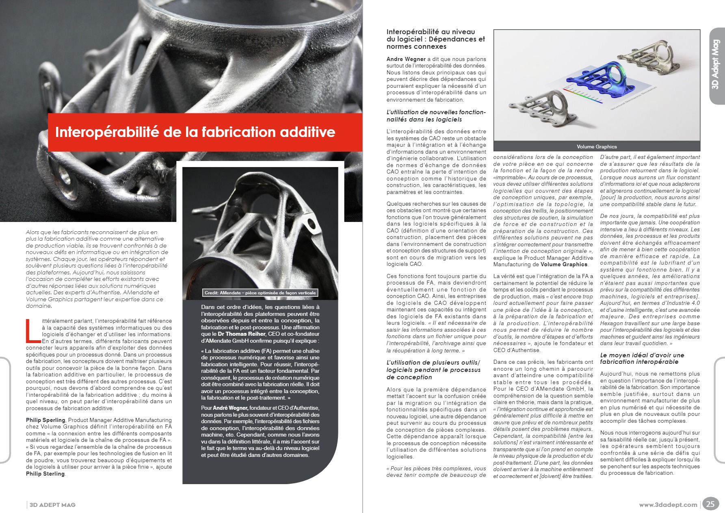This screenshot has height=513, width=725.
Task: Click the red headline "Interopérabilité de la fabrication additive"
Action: coord(195,132)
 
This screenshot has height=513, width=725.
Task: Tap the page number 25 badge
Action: coord(710,504)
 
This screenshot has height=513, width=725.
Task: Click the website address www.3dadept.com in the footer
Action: coord(668,505)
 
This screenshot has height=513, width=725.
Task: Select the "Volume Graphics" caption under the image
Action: coord(596,147)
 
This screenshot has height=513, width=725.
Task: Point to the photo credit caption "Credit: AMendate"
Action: coord(260,293)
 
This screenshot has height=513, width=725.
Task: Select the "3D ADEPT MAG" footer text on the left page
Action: coord(52,505)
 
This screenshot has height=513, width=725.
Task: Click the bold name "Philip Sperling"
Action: coord(45,420)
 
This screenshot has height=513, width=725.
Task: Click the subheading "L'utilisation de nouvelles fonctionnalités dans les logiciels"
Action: coord(436,116)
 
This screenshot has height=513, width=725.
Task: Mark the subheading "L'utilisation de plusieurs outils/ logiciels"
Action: coord(433,370)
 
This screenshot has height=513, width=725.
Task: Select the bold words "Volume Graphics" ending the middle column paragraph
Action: coord(564,264)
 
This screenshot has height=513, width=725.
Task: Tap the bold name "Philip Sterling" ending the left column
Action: coord(45,474)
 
